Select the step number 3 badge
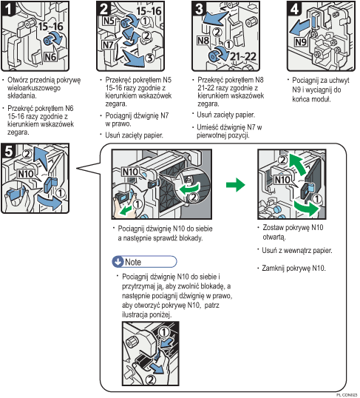pos(198,10)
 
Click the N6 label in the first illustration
pos(51,55)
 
